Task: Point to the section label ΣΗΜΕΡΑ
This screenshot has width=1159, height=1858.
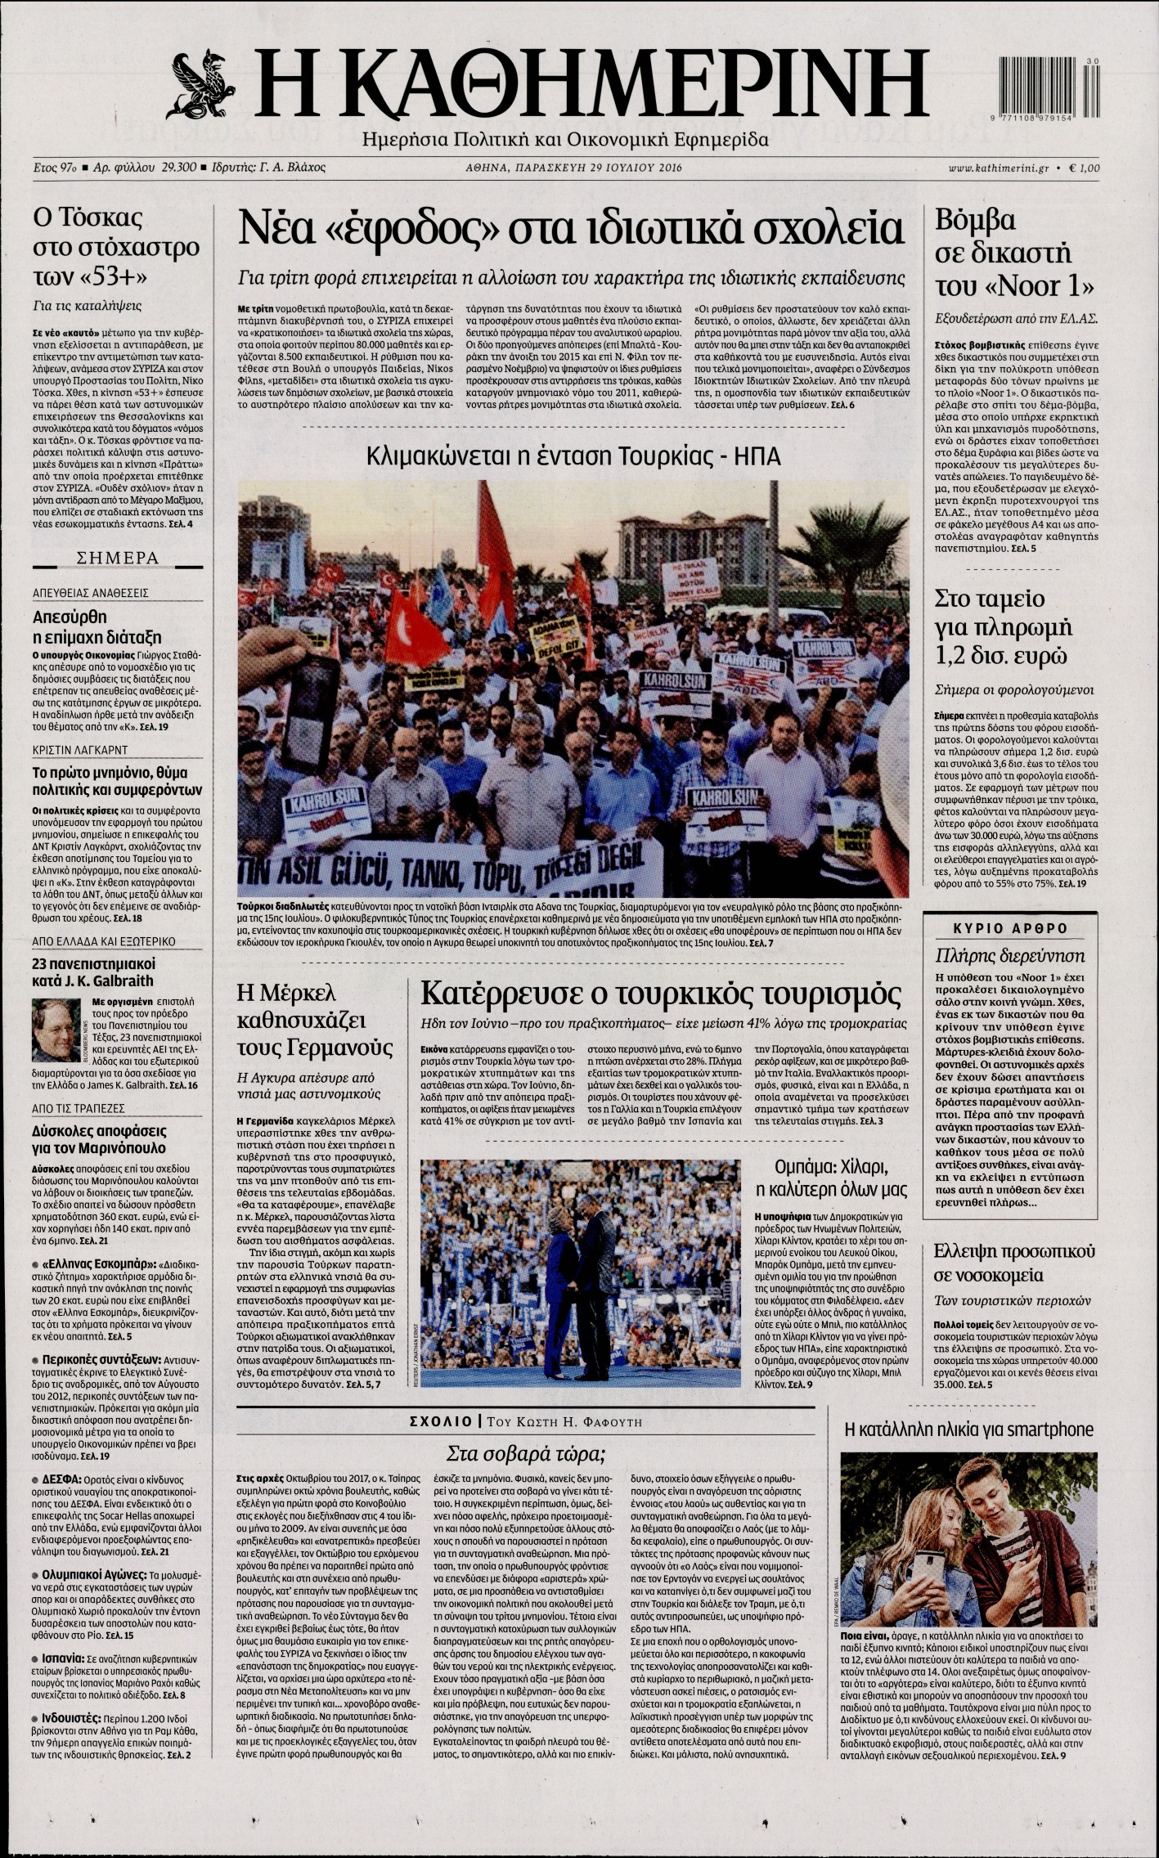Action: (117, 558)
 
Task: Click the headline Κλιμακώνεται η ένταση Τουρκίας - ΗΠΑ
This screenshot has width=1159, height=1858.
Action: (573, 456)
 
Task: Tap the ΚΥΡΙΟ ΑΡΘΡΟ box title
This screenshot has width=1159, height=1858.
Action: (1011, 928)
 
